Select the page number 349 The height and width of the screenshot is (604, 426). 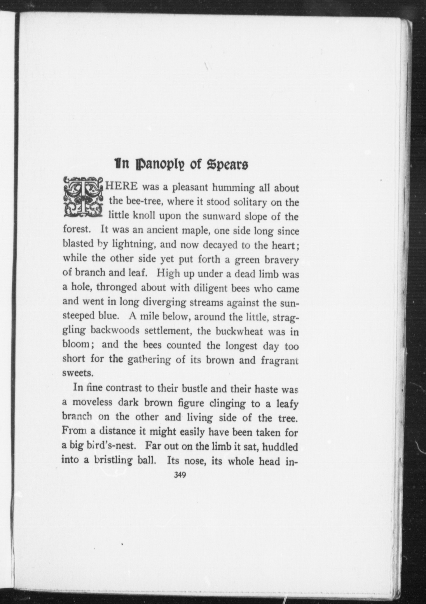point(180,475)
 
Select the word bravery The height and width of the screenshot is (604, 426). point(281,260)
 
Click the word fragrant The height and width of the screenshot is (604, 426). point(280,360)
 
